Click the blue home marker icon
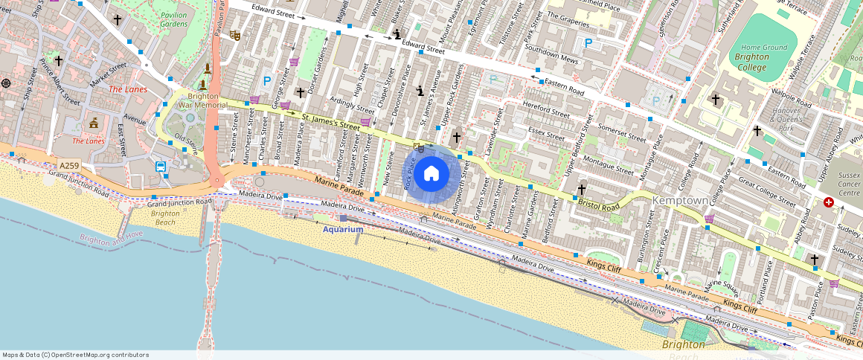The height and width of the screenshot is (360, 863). (x=431, y=174)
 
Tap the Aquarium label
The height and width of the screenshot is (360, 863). (x=342, y=229)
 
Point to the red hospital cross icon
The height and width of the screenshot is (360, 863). (x=829, y=202)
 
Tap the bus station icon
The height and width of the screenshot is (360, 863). (x=161, y=167)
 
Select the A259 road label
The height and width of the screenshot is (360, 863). (x=69, y=166)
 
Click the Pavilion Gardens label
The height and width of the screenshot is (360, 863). (x=174, y=19)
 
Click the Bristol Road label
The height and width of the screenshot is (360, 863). (x=599, y=205)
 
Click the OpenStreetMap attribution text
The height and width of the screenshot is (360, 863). (x=75, y=355)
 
